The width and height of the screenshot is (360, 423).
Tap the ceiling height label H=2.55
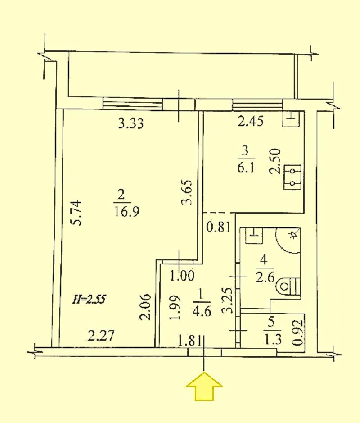pyautogui.click(x=89, y=300)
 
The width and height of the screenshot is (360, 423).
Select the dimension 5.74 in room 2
pyautogui.click(x=75, y=213)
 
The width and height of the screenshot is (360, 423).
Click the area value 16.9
pyautogui.click(x=126, y=211)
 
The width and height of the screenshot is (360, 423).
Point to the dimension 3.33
pyautogui.click(x=131, y=123)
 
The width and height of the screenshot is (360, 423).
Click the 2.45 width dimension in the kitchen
pyautogui.click(x=250, y=121)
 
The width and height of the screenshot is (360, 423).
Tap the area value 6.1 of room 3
pyautogui.click(x=246, y=168)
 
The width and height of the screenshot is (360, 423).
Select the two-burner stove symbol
pyautogui.click(x=292, y=177)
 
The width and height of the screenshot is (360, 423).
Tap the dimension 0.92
pyautogui.click(x=298, y=333)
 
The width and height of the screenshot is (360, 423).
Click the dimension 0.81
pyautogui.click(x=219, y=227)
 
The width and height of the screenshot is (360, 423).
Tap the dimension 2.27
pyautogui.click(x=102, y=336)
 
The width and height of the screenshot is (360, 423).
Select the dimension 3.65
pyautogui.click(x=187, y=192)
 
